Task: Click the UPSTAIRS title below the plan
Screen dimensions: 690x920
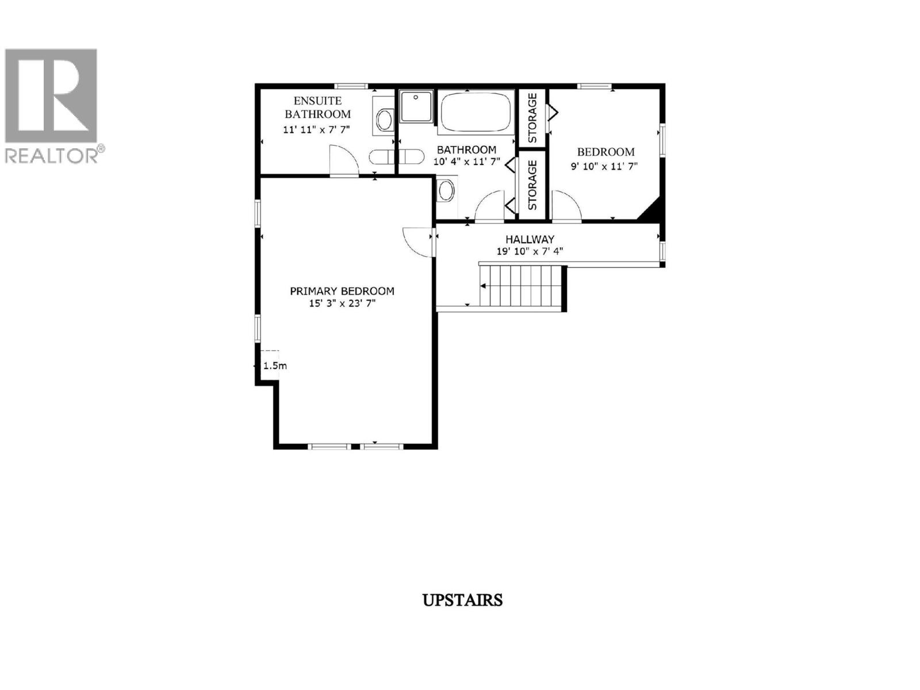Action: coord(462,600)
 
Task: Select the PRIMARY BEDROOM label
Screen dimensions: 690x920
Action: coord(342,291)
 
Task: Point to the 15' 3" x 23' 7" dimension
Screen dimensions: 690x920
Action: coord(342,304)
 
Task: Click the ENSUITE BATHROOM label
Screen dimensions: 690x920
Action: coord(317,108)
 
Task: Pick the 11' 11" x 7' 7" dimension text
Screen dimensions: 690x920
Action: coord(316,129)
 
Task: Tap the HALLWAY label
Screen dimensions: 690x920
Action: coord(530,239)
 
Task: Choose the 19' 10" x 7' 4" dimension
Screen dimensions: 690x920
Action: coord(530,251)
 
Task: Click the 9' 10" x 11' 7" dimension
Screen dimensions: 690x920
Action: coord(605,166)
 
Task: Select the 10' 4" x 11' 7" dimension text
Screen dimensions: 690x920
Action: coord(466,162)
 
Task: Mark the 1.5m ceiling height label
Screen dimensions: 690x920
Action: coord(275,366)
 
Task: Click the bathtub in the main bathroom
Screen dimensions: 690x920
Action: coord(476,112)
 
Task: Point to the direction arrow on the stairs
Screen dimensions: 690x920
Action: coord(484,286)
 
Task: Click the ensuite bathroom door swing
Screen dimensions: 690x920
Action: coord(343,160)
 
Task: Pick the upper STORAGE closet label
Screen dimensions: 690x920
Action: coord(532,118)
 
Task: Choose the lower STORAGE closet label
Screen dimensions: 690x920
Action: coord(532,185)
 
